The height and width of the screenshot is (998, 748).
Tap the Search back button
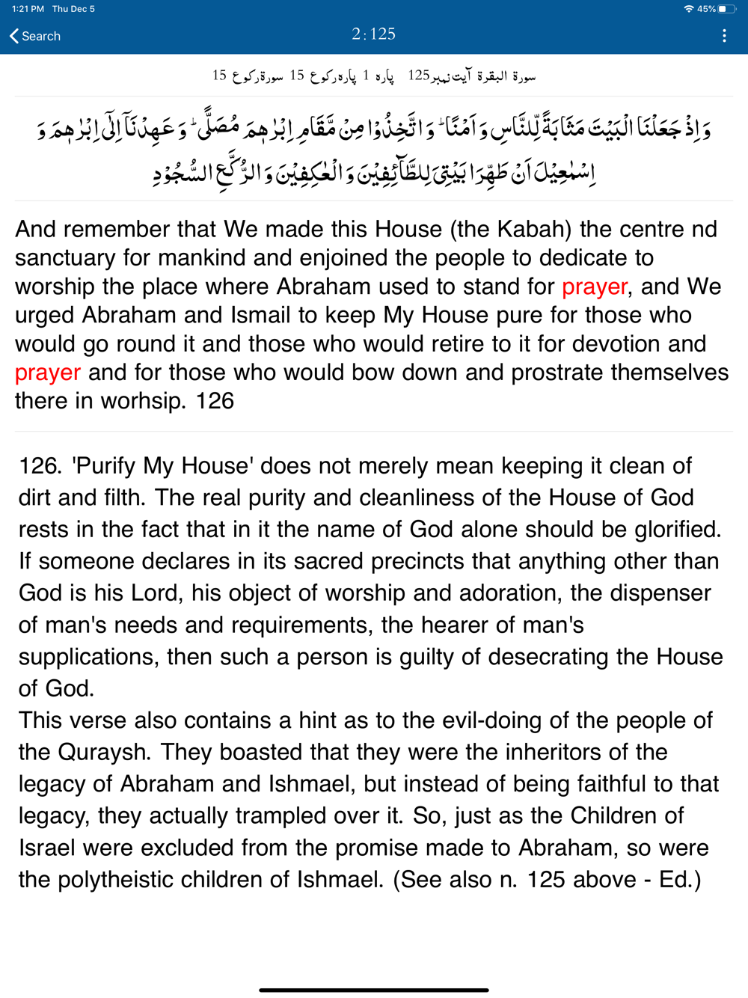pyautogui.click(x=35, y=36)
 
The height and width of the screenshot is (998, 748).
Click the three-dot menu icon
pyautogui.click(x=724, y=36)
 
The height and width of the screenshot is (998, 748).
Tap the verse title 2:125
pyautogui.click(x=373, y=34)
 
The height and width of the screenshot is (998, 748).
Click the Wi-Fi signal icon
pyautogui.click(x=688, y=9)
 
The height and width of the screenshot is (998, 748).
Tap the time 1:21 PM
pyautogui.click(x=27, y=9)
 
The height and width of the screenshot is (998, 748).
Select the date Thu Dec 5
pyautogui.click(x=73, y=9)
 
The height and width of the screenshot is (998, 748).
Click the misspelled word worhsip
pyautogui.click(x=142, y=401)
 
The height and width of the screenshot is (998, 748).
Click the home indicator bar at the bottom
pyautogui.click(x=374, y=990)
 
